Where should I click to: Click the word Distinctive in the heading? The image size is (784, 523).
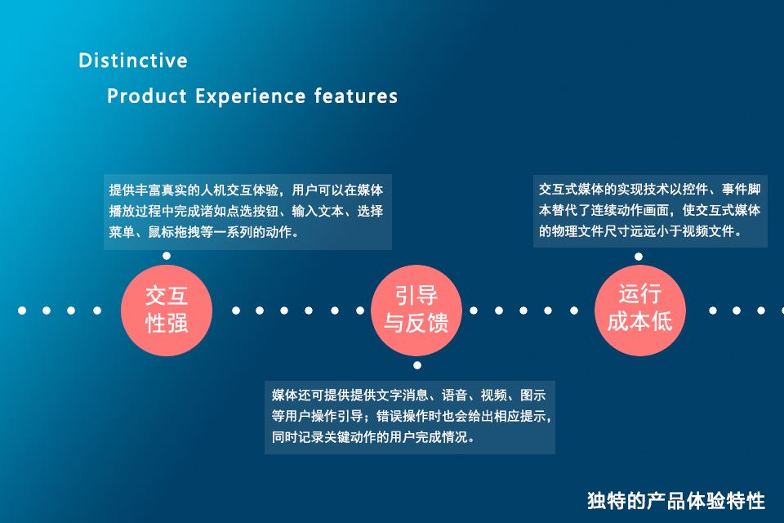(133, 60)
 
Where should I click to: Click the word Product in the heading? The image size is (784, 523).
(147, 96)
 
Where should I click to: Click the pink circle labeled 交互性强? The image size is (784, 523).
(167, 311)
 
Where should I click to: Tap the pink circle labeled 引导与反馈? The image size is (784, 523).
(416, 311)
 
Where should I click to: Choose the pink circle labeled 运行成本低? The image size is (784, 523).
(640, 311)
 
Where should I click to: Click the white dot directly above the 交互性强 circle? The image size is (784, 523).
(167, 256)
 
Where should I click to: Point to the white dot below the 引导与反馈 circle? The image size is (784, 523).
(417, 365)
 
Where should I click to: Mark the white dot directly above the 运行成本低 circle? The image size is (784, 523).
(639, 257)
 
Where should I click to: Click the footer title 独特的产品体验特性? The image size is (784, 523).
(676, 500)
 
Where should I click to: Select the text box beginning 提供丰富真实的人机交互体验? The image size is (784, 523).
(247, 212)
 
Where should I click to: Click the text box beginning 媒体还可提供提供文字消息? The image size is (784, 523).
(410, 418)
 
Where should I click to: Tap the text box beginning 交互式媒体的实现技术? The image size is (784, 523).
(650, 211)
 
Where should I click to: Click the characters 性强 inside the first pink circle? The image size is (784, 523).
(167, 323)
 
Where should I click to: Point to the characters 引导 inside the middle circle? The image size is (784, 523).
(416, 295)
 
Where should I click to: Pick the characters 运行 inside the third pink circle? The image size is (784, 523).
(640, 294)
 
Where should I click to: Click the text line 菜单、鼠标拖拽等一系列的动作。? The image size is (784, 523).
(204, 232)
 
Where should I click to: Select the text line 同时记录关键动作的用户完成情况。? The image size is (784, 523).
(373, 437)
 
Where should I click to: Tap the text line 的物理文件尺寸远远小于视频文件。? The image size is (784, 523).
(640, 231)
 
